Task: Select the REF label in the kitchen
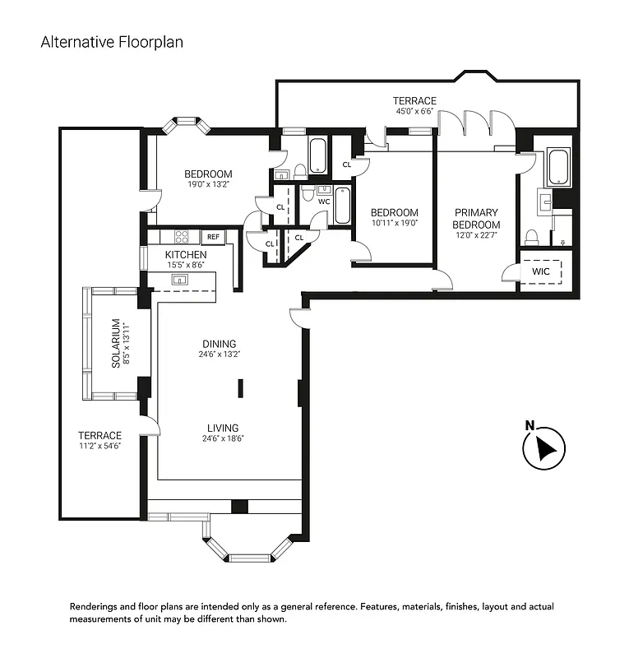click(213, 237)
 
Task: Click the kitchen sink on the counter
click(179, 280)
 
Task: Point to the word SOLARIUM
click(116, 343)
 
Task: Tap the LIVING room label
click(223, 428)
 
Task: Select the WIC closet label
click(541, 270)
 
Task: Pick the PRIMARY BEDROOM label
click(477, 219)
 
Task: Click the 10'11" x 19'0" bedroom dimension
click(394, 223)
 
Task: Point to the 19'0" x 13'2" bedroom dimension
click(207, 184)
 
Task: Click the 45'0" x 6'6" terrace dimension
click(414, 112)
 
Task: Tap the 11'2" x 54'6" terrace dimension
click(100, 446)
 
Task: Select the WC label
click(324, 201)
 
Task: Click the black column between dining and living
click(240, 387)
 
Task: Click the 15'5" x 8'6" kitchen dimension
click(185, 266)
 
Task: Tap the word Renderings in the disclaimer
click(95, 607)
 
